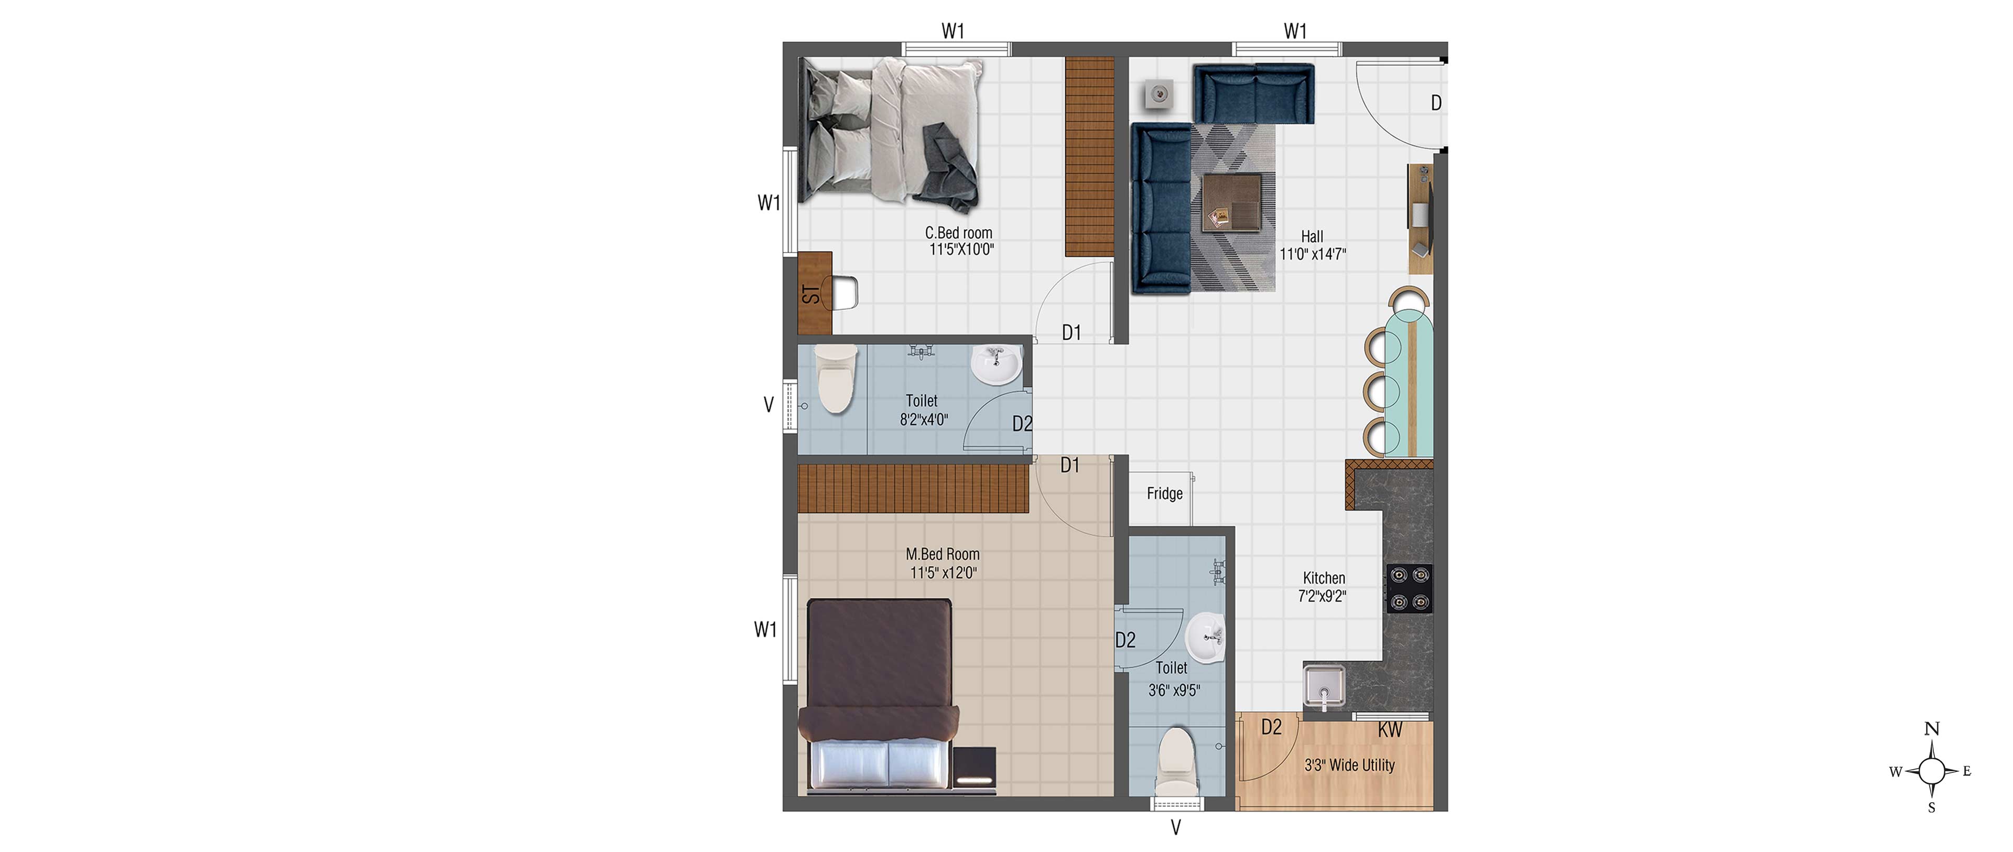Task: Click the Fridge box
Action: pyautogui.click(x=1161, y=499)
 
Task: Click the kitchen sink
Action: pyautogui.click(x=1324, y=688)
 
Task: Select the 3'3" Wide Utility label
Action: pyautogui.click(x=1349, y=765)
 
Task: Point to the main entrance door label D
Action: pyautogui.click(x=1435, y=103)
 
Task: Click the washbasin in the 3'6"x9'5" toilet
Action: pyautogui.click(x=1206, y=638)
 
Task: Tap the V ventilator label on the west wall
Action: pyautogui.click(x=768, y=405)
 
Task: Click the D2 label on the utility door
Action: pyautogui.click(x=1271, y=728)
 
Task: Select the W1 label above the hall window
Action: pyautogui.click(x=1295, y=31)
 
